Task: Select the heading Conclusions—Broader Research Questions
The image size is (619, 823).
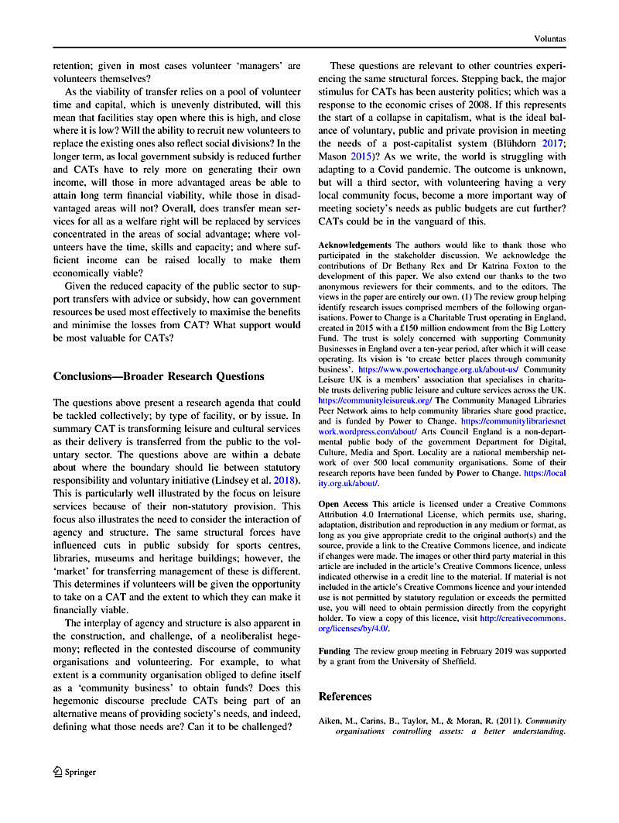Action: pos(159,376)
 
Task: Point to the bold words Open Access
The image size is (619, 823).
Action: pos(344,504)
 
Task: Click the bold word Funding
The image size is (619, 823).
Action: pos(334,652)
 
